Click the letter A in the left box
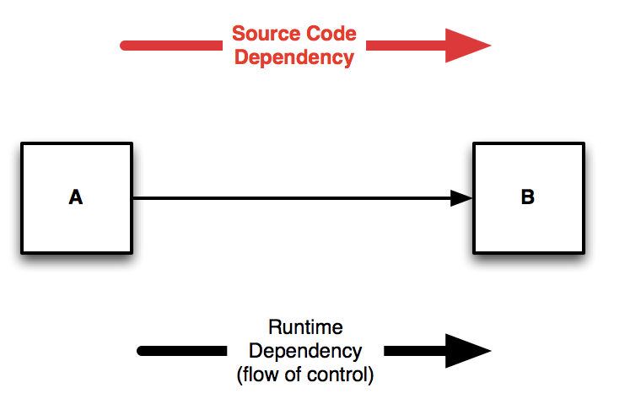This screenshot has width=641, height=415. point(76,197)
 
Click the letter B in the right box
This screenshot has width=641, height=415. point(527,197)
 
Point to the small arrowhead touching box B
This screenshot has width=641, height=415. point(461,198)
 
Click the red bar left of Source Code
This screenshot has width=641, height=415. point(173,45)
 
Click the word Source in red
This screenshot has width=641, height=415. point(264,35)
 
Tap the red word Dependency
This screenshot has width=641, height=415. point(294,57)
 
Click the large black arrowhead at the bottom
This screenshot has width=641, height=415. point(467,350)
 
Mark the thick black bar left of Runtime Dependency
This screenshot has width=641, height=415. point(181,350)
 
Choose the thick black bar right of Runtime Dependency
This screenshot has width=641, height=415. point(413,350)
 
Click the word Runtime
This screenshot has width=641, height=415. point(305,327)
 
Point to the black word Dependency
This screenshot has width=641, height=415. point(305,351)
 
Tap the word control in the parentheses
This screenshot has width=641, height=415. point(343,375)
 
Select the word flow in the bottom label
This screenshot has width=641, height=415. point(258,375)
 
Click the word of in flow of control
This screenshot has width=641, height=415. point(292,375)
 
